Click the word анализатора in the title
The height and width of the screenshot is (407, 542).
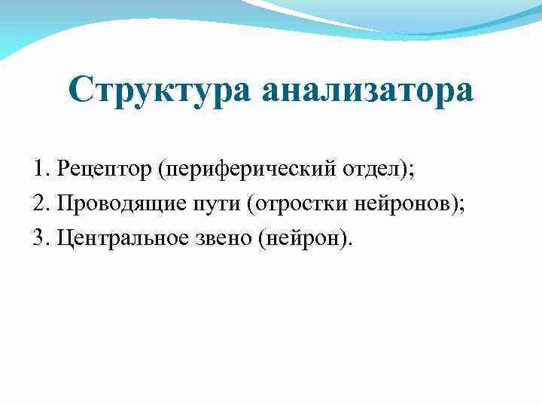(368, 90)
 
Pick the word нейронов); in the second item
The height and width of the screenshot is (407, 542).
(406, 203)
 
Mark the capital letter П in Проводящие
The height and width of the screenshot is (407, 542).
(62, 203)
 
